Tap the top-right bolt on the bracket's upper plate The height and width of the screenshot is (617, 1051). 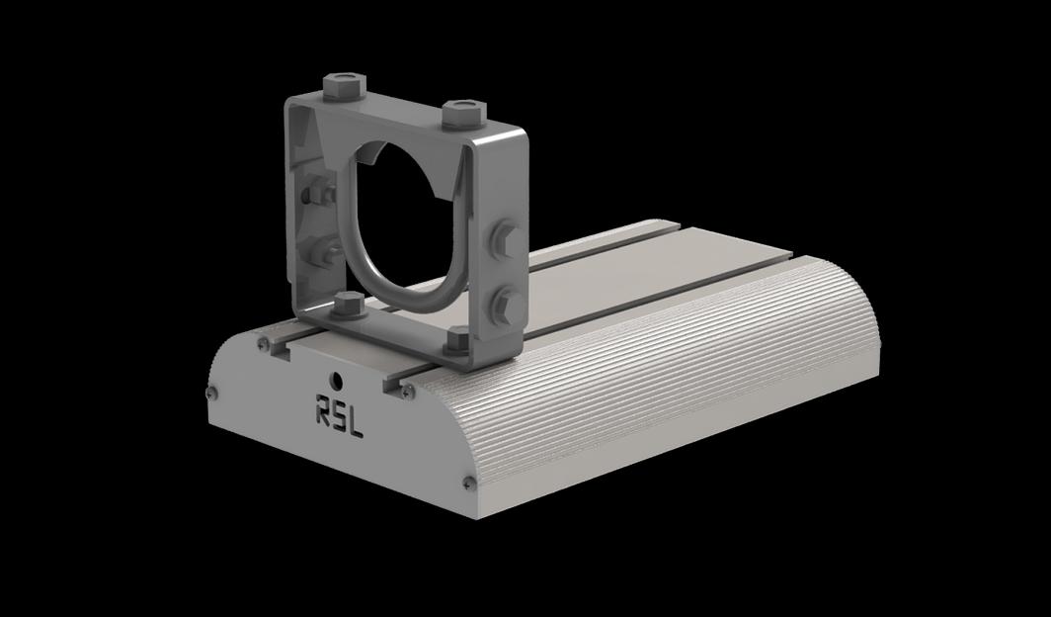(x=460, y=112)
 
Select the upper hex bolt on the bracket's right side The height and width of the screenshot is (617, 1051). (x=504, y=239)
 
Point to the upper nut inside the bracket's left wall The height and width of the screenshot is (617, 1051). (x=319, y=194)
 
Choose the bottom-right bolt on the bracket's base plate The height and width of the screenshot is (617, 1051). (x=457, y=341)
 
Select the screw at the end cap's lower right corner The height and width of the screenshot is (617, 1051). (x=468, y=483)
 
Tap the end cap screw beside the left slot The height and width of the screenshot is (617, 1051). (x=264, y=344)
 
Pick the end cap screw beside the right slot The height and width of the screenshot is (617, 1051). (x=407, y=392)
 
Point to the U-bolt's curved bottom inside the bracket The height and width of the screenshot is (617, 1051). (x=395, y=294)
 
